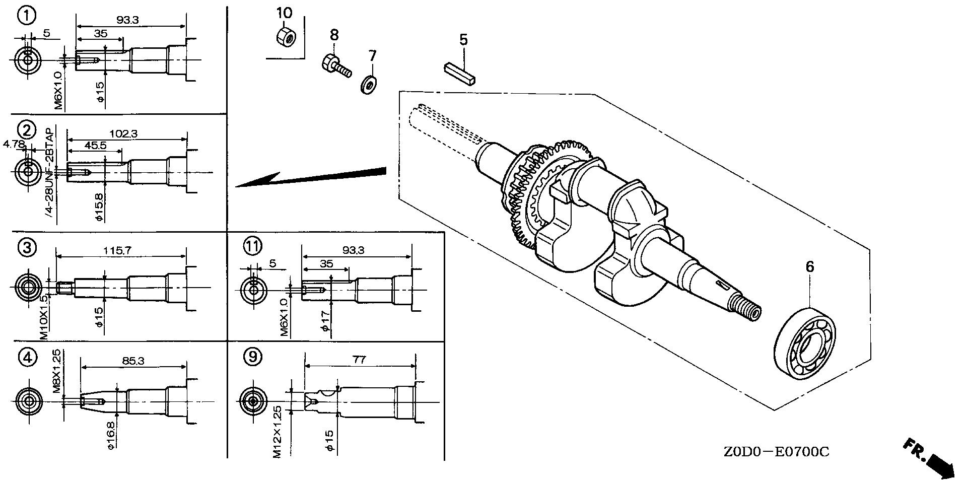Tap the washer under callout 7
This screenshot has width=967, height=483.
point(369,84)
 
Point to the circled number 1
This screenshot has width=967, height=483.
point(27,16)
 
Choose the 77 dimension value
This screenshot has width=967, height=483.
point(359,360)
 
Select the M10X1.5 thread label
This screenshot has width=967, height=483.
point(44,316)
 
